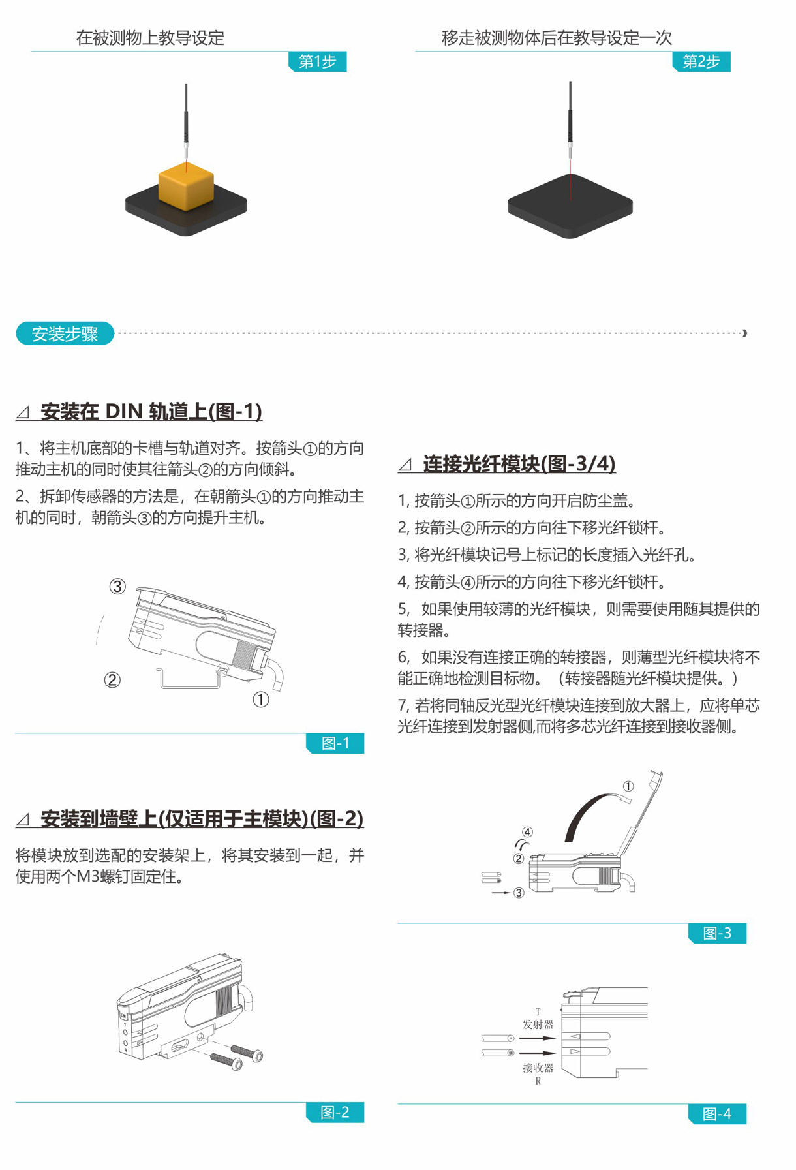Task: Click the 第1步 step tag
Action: [317, 61]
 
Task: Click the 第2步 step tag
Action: [701, 61]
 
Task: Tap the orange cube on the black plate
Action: [186, 186]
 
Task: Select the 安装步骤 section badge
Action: [65, 333]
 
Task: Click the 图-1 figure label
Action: [335, 743]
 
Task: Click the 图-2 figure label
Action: [335, 1113]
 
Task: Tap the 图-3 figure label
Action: [717, 933]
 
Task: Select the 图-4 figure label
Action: [717, 1114]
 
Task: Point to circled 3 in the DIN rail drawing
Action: [117, 586]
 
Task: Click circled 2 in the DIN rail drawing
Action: [112, 680]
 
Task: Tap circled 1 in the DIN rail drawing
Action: [261, 700]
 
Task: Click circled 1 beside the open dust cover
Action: [628, 786]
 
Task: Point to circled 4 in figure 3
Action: [527, 832]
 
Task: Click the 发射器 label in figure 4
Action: [538, 1024]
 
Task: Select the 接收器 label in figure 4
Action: [538, 1068]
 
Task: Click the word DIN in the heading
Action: [124, 411]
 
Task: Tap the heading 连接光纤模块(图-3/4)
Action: [519, 464]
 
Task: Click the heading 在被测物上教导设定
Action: [150, 38]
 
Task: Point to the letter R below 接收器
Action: [538, 1081]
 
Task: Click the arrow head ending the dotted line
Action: [744, 333]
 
